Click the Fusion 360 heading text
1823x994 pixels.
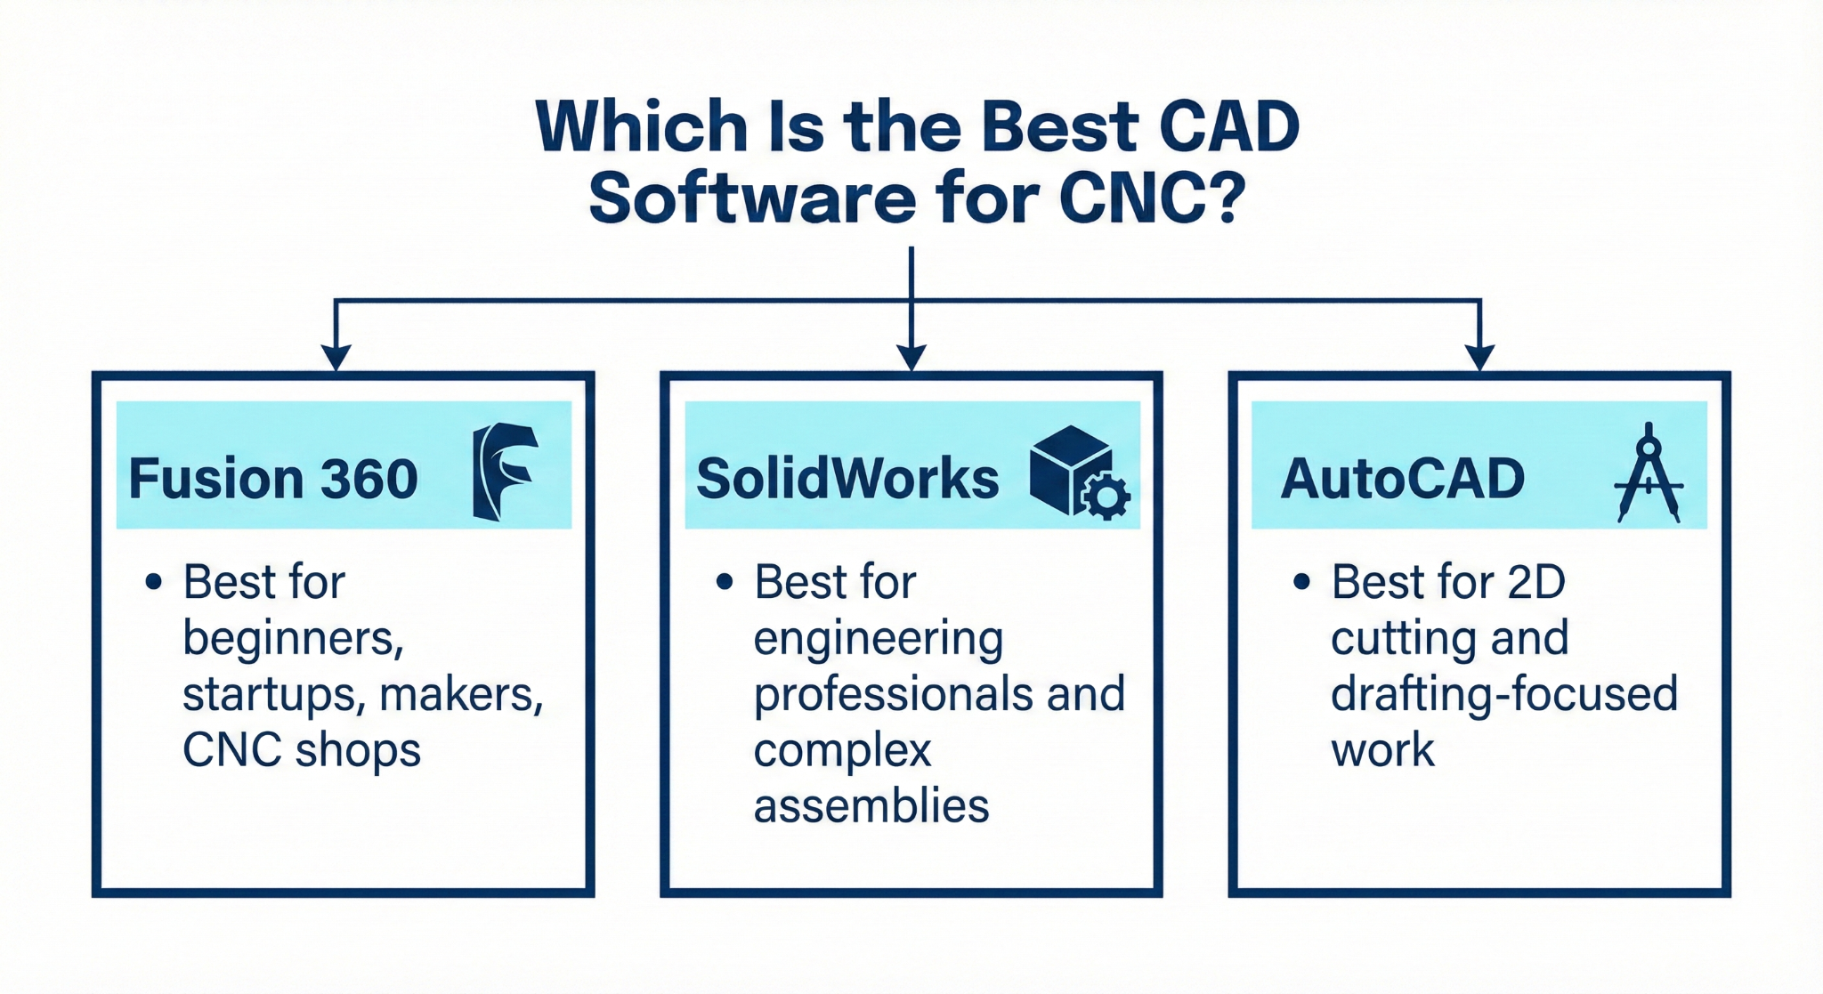273,479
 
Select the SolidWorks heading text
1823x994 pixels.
847,479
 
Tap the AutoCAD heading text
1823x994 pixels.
1402,479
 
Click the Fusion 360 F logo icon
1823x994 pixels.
504,471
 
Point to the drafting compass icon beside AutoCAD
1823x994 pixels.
1649,473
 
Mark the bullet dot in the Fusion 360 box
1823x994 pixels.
154,582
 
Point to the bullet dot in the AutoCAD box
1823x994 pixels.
1301,582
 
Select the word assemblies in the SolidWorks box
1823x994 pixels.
871,806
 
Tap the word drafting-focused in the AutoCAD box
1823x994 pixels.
1503,695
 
